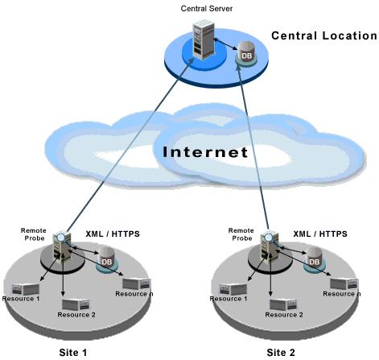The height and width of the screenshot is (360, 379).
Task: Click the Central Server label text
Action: tap(207, 9)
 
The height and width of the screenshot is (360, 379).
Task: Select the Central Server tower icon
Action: tap(204, 39)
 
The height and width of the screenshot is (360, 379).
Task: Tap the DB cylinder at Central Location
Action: tap(246, 52)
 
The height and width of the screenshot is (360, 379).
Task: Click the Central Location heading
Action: tap(324, 35)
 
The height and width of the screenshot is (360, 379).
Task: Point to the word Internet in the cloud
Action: tap(205, 152)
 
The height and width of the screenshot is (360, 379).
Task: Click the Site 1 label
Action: tap(73, 352)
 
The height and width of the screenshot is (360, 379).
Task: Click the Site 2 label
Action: tap(281, 352)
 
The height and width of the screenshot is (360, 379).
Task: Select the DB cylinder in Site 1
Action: tap(106, 259)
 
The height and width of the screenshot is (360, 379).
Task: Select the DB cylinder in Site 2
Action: tap(314, 259)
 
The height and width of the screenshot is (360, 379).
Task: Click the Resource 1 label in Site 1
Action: tap(21, 299)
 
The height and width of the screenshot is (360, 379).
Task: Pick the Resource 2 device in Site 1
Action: tap(76, 304)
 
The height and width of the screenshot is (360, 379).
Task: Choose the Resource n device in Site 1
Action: tap(137, 284)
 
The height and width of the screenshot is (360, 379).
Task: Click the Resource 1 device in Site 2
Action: tap(233, 289)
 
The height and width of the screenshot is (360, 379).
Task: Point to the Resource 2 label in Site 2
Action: tap(284, 314)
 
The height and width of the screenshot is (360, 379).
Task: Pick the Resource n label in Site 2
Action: tap(341, 294)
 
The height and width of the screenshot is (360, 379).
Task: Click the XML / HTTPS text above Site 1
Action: tap(113, 234)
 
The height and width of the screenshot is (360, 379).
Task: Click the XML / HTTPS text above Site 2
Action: tap(320, 234)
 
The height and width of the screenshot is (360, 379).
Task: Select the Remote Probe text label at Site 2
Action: tap(241, 234)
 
